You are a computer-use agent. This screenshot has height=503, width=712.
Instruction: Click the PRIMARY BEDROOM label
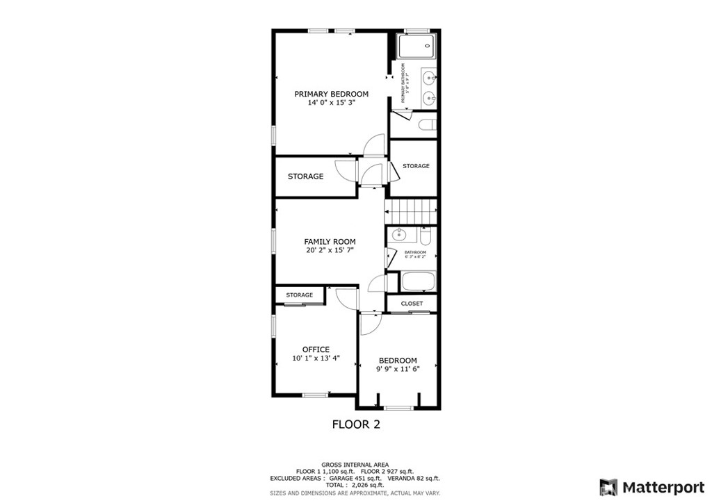pos(331,94)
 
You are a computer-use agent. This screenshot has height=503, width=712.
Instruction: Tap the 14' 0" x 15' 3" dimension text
pos(331,103)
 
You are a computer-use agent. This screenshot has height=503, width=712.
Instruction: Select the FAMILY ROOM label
pos(330,242)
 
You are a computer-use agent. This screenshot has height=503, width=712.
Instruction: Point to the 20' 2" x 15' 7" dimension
pos(330,250)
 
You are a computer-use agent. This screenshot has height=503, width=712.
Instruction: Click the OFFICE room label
pos(316,349)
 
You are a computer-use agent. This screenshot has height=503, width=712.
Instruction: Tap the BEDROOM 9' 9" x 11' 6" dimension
pos(398,370)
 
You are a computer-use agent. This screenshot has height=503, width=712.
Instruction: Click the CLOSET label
pos(412,304)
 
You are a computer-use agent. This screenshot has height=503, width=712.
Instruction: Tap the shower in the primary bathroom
pos(417,47)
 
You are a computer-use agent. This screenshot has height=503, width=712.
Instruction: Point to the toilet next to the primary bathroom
pos(426,124)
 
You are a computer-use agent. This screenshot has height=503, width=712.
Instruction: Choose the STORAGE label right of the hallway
pos(416,166)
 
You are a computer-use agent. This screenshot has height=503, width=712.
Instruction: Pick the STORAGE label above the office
pos(300,295)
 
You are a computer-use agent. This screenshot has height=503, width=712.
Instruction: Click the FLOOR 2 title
pos(356,424)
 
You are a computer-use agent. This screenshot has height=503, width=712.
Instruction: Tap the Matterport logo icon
pos(608,486)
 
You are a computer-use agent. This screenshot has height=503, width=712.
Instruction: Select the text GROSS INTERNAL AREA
pos(355,465)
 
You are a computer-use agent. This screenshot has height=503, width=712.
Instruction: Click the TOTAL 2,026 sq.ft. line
pos(355,486)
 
